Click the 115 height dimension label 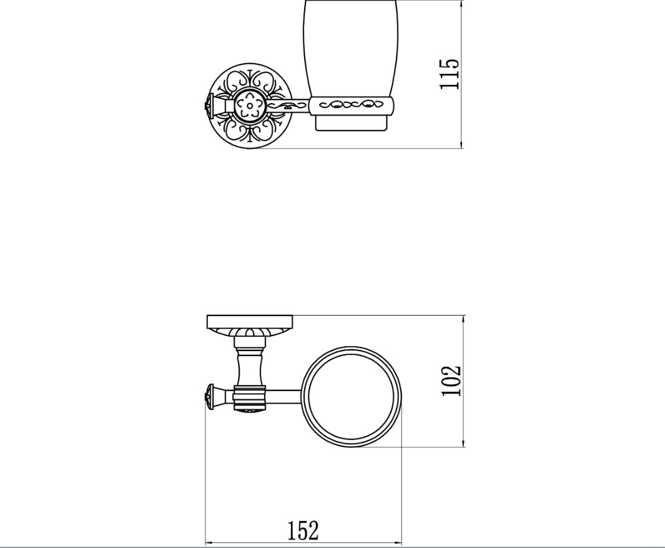point(450,74)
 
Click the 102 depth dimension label point(451,381)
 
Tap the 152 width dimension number point(303,531)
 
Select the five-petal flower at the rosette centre point(250,105)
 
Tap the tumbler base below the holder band point(352,122)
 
